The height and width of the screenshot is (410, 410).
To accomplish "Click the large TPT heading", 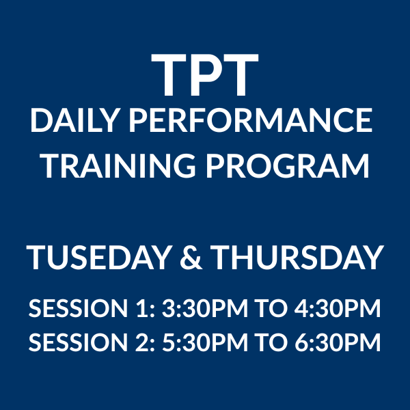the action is [x=205, y=74].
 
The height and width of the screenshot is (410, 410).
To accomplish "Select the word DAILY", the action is [x=74, y=120].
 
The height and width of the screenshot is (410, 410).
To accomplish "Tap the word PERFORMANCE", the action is [x=250, y=120].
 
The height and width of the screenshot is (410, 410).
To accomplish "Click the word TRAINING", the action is [x=118, y=166].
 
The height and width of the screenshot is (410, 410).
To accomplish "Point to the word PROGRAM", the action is [x=288, y=166].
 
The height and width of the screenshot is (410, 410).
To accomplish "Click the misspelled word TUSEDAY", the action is [x=99, y=258].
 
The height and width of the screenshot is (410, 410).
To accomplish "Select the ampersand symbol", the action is [x=191, y=258].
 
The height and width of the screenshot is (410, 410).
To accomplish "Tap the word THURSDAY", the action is [x=297, y=258].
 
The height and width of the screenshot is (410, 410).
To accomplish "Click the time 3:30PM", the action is [x=205, y=308].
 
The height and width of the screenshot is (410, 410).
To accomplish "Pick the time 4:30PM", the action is [x=338, y=308].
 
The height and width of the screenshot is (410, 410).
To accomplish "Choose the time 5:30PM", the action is [x=205, y=342].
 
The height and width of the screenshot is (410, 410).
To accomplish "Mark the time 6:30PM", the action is [x=338, y=342].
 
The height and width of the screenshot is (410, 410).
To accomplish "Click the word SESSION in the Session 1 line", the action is [x=78, y=308].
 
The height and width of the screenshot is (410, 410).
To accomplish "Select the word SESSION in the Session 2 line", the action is [x=78, y=342].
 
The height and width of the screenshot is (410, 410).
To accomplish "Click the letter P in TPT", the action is [x=205, y=74].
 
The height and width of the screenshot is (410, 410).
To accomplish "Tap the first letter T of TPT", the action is [x=170, y=74].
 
